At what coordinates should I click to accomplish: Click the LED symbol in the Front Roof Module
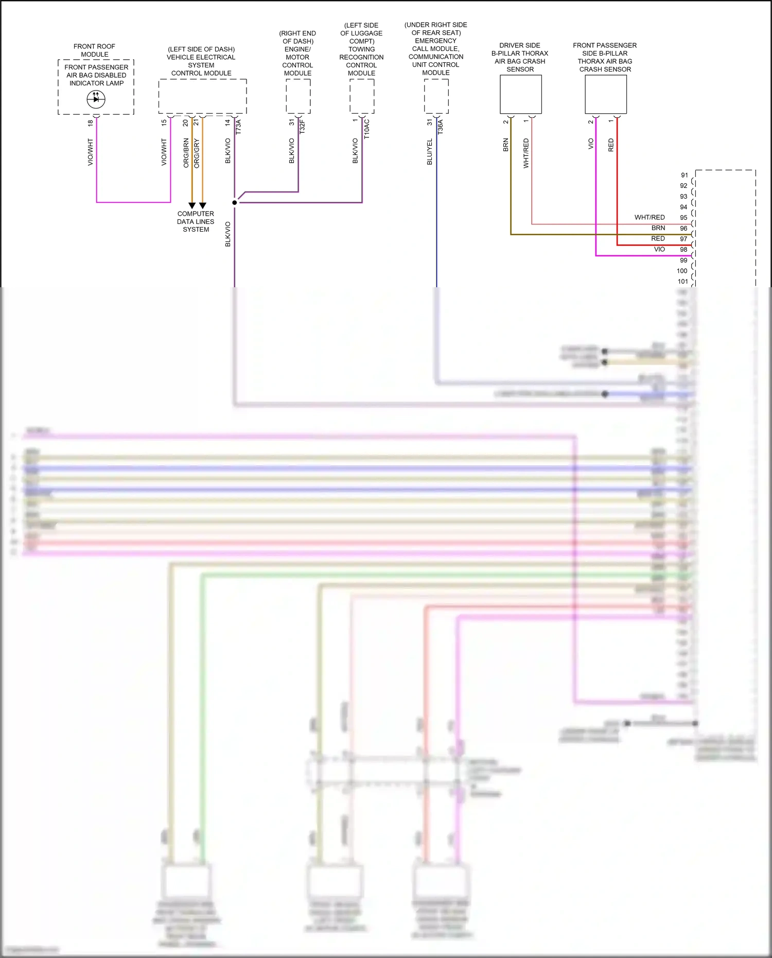point(96,99)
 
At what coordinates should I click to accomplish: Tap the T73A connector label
point(238,127)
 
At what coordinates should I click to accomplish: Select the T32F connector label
point(302,127)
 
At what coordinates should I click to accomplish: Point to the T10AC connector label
point(366,129)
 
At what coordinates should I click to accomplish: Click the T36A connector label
point(440,127)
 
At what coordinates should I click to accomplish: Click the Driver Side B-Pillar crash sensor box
point(520,94)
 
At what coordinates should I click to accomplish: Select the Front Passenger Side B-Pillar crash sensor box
point(605,94)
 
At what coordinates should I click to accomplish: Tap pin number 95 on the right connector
point(683,217)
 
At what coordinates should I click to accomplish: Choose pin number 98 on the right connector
point(683,249)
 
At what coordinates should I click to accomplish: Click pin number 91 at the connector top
point(684,175)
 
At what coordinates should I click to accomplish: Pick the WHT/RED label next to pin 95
point(650,217)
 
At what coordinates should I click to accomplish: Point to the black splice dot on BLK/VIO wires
point(235,202)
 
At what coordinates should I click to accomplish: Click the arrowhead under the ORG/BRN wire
point(192,205)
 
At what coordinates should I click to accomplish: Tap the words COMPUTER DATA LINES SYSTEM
point(196,221)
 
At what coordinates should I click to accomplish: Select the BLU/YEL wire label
point(430,152)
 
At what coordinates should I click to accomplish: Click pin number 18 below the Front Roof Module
point(91,123)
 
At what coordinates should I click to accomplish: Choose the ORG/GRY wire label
point(197,153)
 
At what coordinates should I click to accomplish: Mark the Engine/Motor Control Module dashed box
point(298,96)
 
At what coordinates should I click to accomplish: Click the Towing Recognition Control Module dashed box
point(362,96)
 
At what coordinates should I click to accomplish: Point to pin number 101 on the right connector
point(682,281)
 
